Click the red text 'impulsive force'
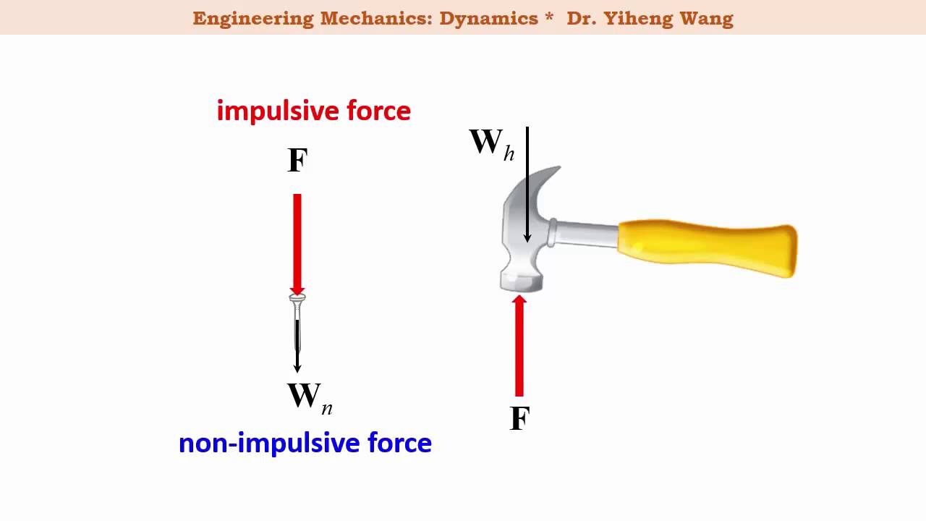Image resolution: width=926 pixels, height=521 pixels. click(313, 111)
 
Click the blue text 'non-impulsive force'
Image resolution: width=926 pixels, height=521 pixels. click(305, 442)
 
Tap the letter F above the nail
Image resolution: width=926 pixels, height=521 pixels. click(297, 161)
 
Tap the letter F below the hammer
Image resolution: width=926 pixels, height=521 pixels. click(519, 419)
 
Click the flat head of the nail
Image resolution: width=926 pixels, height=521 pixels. click(297, 297)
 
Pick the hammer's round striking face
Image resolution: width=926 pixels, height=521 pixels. click(521, 282)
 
